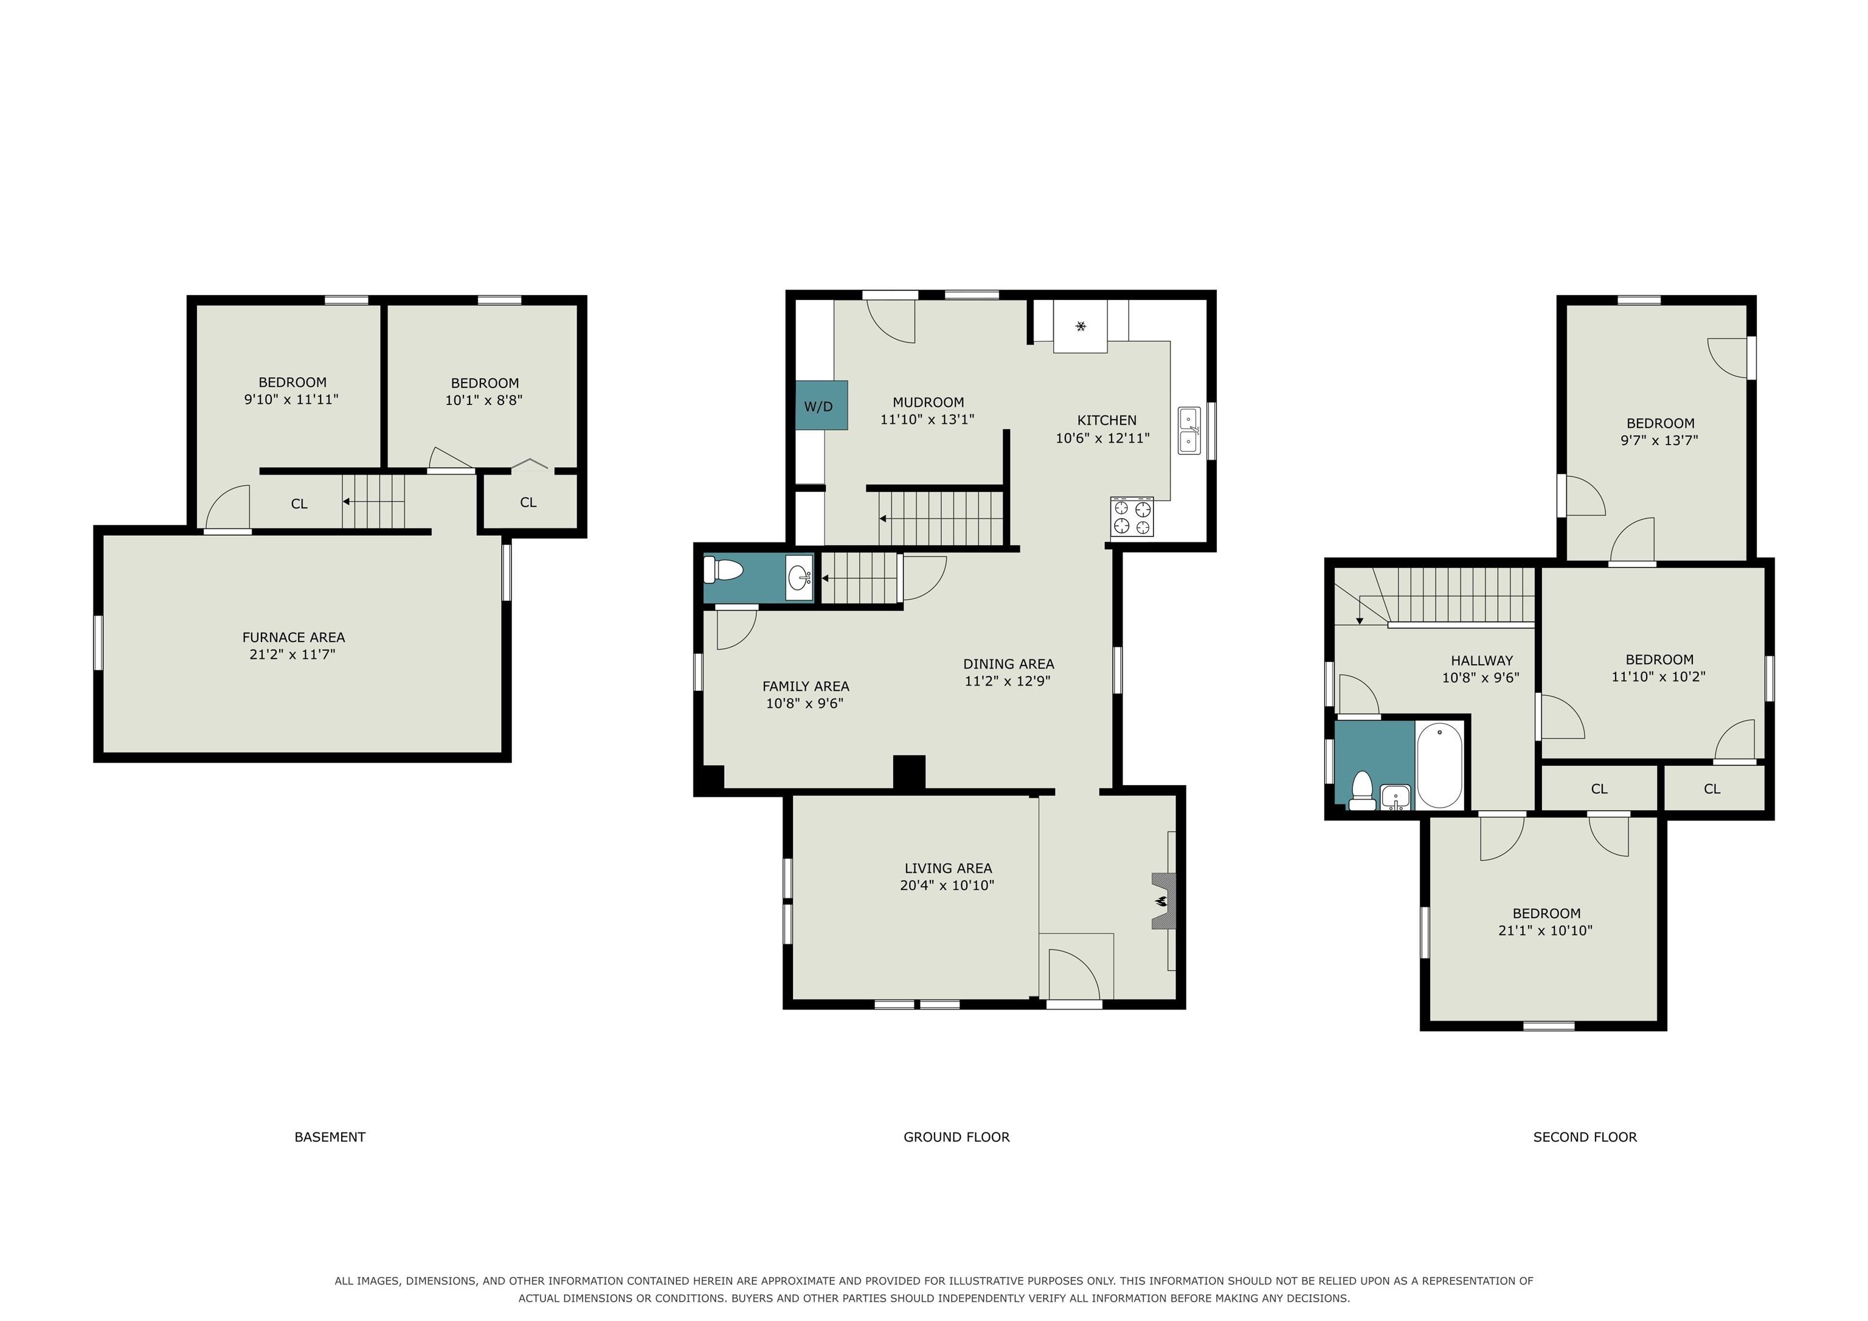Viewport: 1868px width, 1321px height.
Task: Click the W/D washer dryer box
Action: tap(822, 405)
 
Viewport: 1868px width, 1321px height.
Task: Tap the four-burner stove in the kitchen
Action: tap(1132, 517)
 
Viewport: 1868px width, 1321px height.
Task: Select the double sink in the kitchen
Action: tap(1189, 431)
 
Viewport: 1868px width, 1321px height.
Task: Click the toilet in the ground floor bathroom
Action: tap(723, 570)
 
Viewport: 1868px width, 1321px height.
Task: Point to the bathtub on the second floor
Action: tap(1439, 765)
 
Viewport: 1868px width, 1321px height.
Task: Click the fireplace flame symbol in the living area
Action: tap(1162, 901)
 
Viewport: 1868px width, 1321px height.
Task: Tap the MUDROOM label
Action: tap(929, 402)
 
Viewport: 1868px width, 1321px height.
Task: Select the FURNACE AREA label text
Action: tap(294, 637)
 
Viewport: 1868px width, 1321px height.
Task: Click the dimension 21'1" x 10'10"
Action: tap(1545, 931)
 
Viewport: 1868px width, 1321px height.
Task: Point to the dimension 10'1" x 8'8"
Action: tap(484, 400)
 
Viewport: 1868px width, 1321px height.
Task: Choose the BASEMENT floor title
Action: tap(330, 1137)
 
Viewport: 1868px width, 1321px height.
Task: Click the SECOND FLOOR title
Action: tap(1585, 1137)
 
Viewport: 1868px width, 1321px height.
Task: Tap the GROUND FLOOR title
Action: tap(956, 1137)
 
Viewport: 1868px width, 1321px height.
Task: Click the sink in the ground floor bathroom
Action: tap(800, 578)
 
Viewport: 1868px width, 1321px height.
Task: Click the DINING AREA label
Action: tap(1009, 664)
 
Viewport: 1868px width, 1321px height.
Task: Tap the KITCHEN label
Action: tap(1107, 420)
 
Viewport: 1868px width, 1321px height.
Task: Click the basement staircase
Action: tap(373, 502)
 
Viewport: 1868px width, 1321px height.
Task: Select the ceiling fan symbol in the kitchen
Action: tap(1081, 327)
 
